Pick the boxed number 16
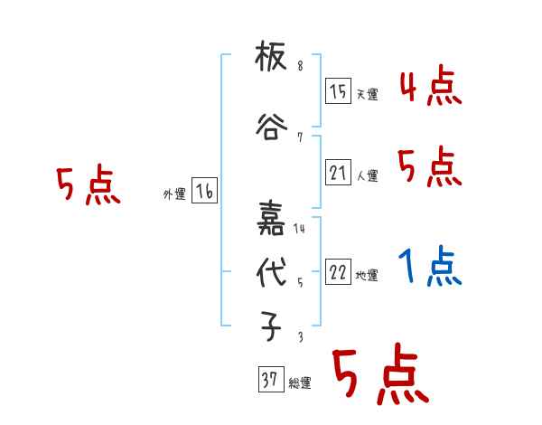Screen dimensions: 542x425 click(205, 192)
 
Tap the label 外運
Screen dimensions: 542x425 click(173, 194)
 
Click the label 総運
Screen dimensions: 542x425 click(300, 383)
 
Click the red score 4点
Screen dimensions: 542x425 click(430, 86)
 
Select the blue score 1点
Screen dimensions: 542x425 click(430, 268)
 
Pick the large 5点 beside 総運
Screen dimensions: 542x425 click(379, 378)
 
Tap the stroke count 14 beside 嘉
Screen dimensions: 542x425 click(300, 229)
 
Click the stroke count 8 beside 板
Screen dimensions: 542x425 click(300, 67)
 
